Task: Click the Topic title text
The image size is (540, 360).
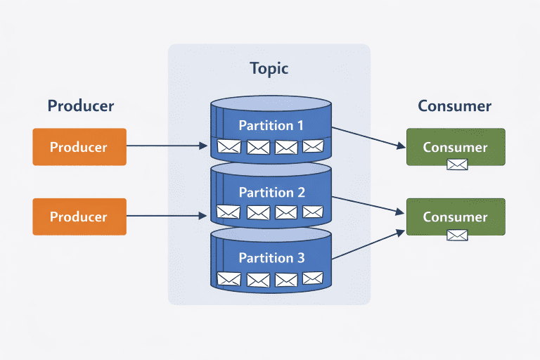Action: point(269,69)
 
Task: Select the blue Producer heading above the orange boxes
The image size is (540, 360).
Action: point(80,106)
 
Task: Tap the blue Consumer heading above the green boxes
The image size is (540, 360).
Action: point(454,106)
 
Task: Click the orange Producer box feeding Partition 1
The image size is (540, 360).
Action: point(79,147)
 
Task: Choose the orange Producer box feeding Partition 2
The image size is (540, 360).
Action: point(79,217)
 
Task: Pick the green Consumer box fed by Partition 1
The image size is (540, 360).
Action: point(456,147)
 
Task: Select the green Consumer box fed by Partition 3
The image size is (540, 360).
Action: point(456,217)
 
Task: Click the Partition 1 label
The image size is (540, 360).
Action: point(271,126)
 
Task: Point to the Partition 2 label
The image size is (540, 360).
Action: point(271,192)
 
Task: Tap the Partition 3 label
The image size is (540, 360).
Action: point(271,258)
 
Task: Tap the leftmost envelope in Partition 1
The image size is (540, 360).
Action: point(229,146)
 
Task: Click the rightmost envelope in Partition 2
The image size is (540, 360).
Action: point(312,212)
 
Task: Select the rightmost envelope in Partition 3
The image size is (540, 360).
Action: point(312,279)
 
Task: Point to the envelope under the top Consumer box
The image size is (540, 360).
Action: point(457,165)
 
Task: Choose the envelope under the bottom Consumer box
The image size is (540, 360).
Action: point(457,235)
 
